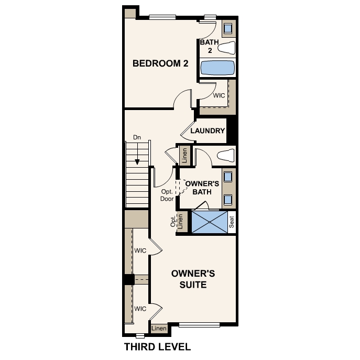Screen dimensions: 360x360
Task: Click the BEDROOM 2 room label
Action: [x=160, y=63]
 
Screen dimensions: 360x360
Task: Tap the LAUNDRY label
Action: [x=208, y=130]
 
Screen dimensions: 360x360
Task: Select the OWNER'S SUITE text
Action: [x=193, y=279]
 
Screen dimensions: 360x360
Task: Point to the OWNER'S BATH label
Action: [x=202, y=188]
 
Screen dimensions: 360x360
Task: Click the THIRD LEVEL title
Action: [x=158, y=347]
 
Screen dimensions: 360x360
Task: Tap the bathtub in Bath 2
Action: [x=217, y=68]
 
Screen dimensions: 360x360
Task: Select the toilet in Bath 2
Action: [x=226, y=48]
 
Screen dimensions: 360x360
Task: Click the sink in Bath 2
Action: [x=228, y=28]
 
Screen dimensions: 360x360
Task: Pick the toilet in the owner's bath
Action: [x=226, y=155]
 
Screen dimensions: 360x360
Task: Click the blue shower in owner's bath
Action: [x=210, y=222]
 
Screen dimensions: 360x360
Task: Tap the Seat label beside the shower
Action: [x=232, y=222]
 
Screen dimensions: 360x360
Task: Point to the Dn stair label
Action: [x=137, y=137]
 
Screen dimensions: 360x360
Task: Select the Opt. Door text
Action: [x=167, y=195]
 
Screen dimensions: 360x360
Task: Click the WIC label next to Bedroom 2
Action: [x=219, y=95]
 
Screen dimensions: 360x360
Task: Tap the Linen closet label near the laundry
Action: [x=184, y=156]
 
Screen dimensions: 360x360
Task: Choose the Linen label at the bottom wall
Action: [x=159, y=329]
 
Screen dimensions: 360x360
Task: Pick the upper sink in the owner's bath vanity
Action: [x=228, y=177]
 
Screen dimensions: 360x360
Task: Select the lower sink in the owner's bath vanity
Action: [x=228, y=200]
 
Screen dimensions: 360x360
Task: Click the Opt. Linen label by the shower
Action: [x=177, y=221]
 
